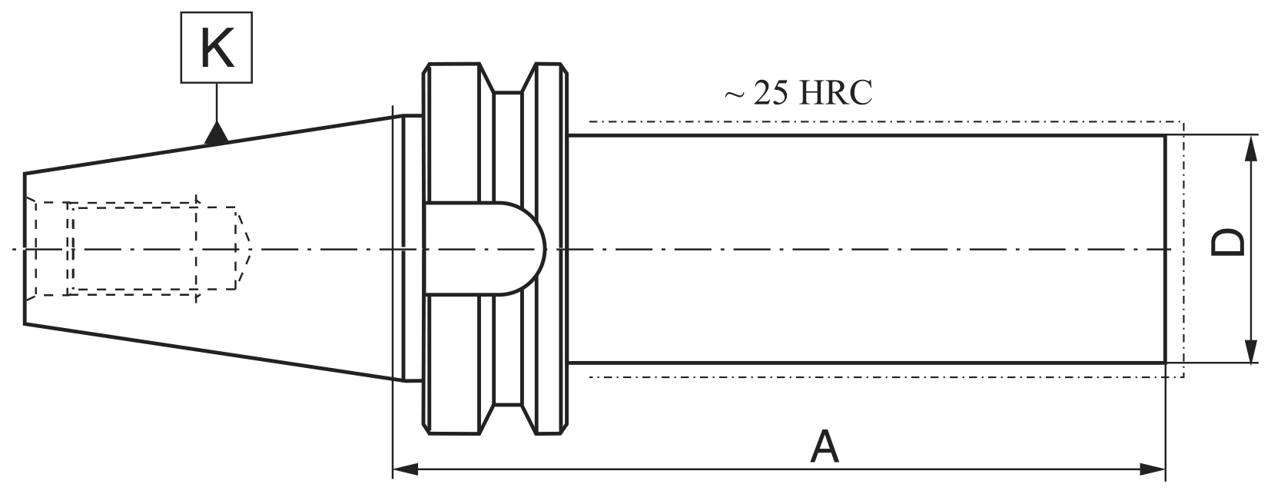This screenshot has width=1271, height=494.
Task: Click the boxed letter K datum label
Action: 217,48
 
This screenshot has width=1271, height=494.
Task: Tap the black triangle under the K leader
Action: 217,135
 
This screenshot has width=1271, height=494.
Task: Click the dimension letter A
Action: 825,448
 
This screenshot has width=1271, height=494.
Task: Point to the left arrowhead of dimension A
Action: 404,468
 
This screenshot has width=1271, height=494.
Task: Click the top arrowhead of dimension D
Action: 1251,147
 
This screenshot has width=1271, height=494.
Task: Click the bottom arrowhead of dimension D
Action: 1251,350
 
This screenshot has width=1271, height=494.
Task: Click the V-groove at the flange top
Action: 508,83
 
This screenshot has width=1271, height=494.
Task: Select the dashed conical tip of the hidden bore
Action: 244,248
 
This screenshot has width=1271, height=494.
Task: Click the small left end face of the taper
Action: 25,248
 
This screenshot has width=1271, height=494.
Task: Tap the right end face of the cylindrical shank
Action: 1165,248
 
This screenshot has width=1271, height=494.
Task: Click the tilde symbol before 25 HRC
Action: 734,94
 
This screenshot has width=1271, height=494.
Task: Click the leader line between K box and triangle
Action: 217,101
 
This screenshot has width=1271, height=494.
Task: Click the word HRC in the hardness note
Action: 836,93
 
